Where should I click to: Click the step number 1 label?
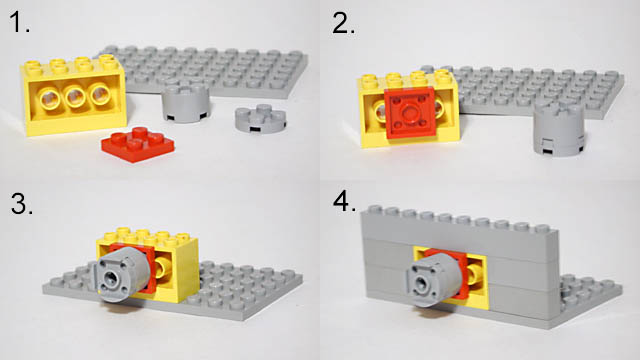point(20,22)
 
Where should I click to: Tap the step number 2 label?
point(343,23)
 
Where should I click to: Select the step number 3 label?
point(21,204)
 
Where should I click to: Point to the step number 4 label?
point(344,201)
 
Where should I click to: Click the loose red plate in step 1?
point(138,144)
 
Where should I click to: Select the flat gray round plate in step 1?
point(260,119)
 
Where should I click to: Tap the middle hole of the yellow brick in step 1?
point(75,96)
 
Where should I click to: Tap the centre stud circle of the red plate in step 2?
point(409,111)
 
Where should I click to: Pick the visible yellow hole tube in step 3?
point(164,270)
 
